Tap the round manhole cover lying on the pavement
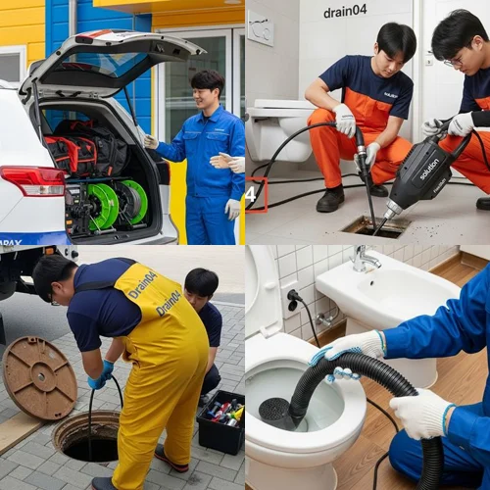tap(39, 376)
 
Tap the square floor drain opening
tap(376, 226)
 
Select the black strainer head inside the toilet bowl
tap(275, 411)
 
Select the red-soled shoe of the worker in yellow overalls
tap(171, 461)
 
